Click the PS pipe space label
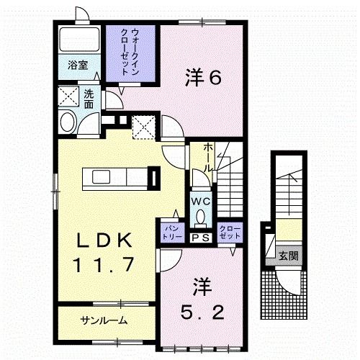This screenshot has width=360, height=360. [200, 237]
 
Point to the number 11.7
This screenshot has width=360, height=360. [102, 265]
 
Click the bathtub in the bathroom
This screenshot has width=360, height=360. [79, 39]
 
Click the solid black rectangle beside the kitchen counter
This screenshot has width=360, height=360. [153, 176]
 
